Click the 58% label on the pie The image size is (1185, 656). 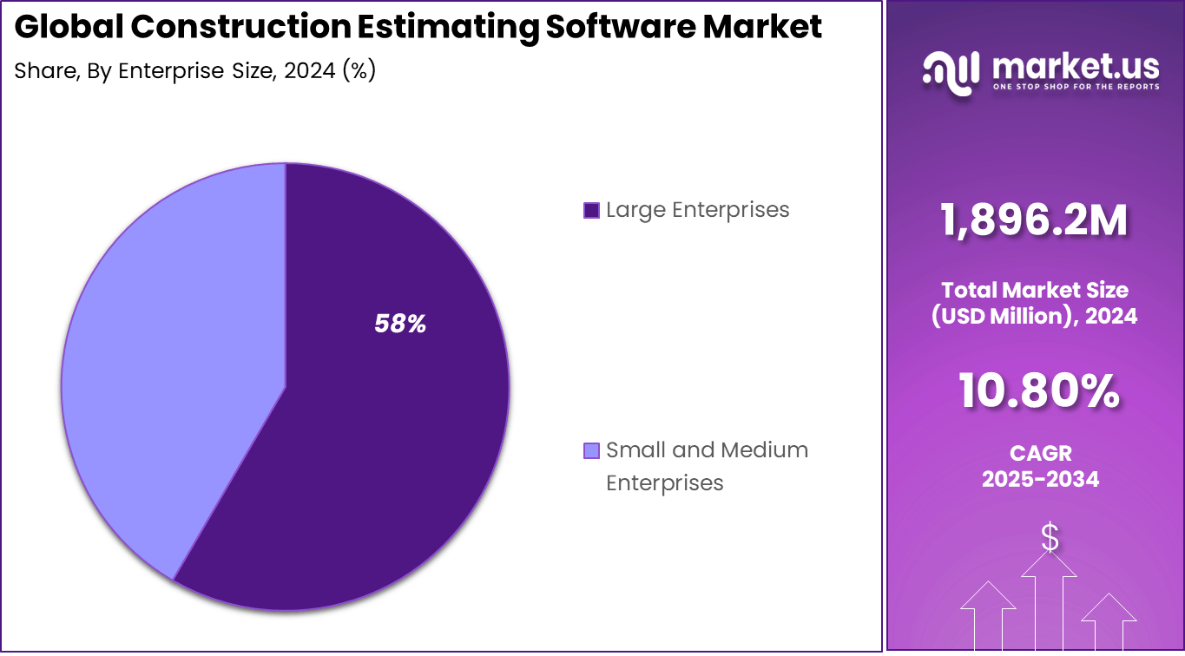point(400,325)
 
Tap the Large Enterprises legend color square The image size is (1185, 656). point(591,210)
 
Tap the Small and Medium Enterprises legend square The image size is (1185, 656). point(591,450)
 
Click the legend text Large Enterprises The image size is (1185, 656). point(697,210)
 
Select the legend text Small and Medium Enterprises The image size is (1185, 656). point(706,466)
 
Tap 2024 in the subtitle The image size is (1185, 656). point(308,71)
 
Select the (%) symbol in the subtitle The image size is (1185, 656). point(359,71)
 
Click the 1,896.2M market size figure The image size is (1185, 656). point(1034,220)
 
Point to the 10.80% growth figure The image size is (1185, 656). point(1038,390)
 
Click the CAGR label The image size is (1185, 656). point(1040,453)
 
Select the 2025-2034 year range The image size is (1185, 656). point(1040,479)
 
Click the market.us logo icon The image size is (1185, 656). point(951,70)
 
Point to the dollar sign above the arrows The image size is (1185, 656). point(1050,538)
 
